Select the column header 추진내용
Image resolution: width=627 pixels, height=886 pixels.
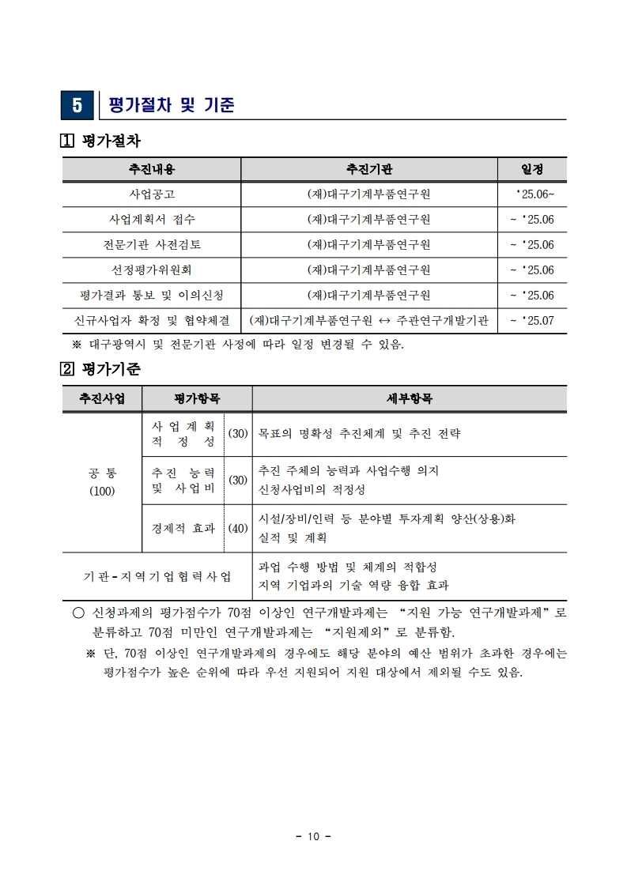coord(152,169)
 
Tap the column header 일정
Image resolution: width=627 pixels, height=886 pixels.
coord(532,169)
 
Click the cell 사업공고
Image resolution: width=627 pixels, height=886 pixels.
coord(152,194)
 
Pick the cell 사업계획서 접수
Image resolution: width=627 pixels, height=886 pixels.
coord(152,219)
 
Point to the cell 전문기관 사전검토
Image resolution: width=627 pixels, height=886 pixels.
coord(152,244)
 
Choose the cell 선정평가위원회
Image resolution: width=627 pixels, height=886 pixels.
coord(152,270)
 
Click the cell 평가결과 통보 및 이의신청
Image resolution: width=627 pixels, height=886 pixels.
coord(152,296)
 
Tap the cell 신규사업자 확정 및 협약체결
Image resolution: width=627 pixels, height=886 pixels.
coord(152,321)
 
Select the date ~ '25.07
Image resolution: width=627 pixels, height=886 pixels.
coord(532,321)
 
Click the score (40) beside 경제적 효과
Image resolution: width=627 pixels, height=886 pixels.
coord(238,528)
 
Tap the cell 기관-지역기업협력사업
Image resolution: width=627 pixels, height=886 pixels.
coord(157,576)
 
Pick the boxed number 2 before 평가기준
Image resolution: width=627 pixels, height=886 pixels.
coord(69,368)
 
